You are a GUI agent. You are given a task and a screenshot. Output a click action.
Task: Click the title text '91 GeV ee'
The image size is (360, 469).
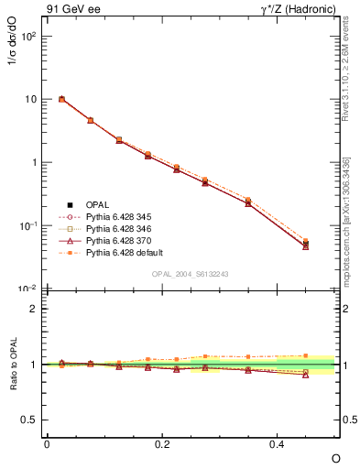[71, 10]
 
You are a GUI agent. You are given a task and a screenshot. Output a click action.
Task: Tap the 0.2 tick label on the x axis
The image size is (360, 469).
[162, 443]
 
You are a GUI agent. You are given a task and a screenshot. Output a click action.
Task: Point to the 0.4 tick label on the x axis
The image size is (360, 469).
[278, 443]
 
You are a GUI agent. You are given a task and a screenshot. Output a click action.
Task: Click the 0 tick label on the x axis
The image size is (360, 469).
[47, 443]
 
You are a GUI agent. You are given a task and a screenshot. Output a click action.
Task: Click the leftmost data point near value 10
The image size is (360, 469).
[61, 99]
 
